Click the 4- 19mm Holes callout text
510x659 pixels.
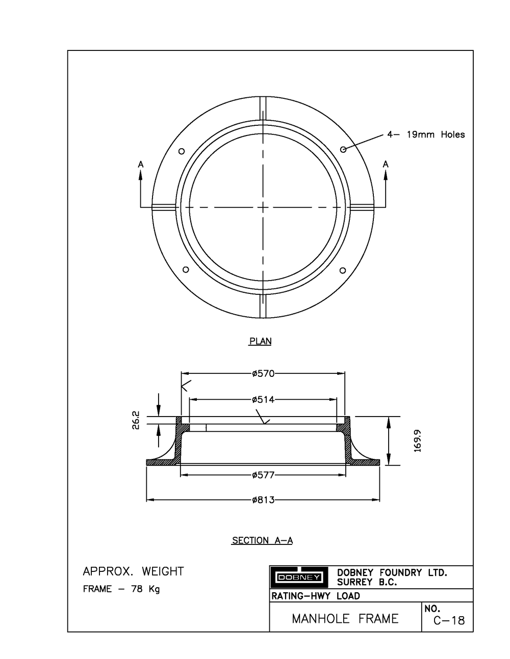tap(426, 135)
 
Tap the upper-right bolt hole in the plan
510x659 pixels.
tap(343, 149)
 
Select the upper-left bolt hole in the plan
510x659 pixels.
tap(181, 151)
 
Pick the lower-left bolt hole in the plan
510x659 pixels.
tap(186, 269)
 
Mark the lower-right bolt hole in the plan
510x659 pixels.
tap(343, 270)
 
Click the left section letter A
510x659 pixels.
tap(141, 164)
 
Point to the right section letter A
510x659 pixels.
tap(386, 164)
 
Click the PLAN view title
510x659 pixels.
tap(260, 341)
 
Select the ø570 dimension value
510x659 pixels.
tap(263, 374)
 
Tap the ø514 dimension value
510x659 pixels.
tap(263, 400)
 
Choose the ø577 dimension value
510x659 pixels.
tap(263, 475)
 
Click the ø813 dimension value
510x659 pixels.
tap(263, 500)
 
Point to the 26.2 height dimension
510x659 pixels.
tap(136, 421)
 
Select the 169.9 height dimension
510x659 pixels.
tap(418, 441)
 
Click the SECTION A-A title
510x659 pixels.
tap(262, 540)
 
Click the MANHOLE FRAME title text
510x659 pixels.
tap(345, 619)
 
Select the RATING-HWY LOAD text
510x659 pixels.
tap(316, 596)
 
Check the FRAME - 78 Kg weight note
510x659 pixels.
tap(121, 589)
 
